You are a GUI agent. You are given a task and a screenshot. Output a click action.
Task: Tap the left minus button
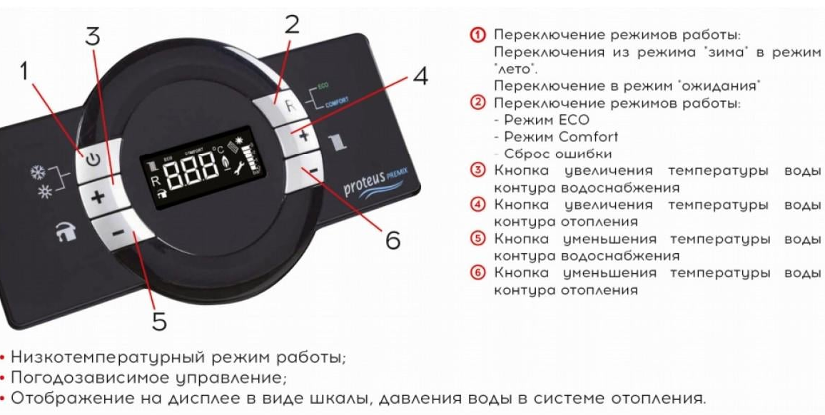[118, 231]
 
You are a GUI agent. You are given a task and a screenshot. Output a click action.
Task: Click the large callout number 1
[27, 71]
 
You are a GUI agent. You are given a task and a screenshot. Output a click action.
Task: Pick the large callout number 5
[159, 321]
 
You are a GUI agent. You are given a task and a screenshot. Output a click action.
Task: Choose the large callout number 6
[393, 240]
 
